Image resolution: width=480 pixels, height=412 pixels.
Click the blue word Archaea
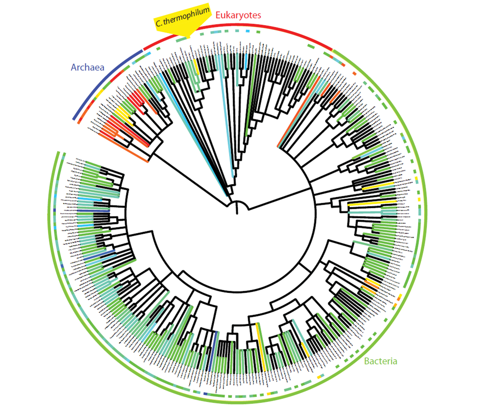coord(87,67)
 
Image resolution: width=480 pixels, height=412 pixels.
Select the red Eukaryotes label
coord(238,15)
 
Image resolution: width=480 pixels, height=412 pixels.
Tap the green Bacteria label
coord(381,361)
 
